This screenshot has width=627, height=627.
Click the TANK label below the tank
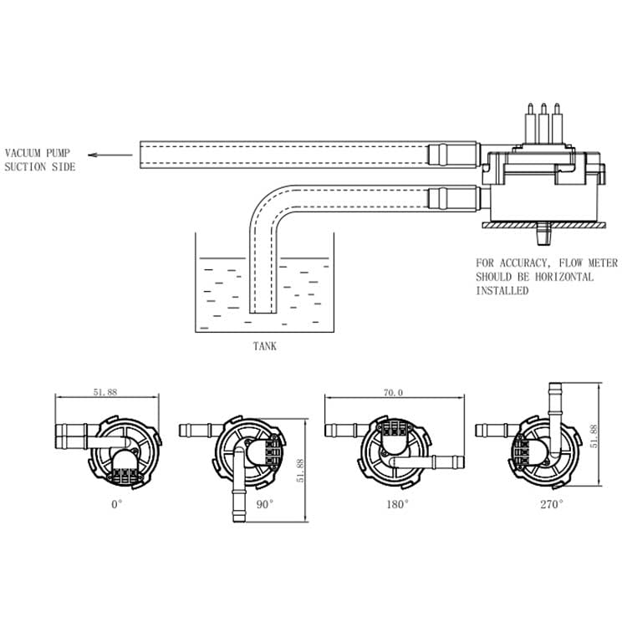[265, 346]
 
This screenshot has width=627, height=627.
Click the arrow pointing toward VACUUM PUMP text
[110, 155]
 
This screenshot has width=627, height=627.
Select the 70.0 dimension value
[393, 393]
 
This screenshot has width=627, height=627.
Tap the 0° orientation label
[116, 504]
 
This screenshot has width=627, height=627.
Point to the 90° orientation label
[265, 504]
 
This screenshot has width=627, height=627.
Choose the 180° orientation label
[397, 504]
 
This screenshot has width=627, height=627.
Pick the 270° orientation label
[552, 504]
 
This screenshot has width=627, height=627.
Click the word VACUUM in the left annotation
[23, 153]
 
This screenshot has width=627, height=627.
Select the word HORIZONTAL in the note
[564, 277]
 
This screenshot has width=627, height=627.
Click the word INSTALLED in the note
[502, 291]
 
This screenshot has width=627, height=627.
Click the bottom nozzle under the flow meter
[543, 233]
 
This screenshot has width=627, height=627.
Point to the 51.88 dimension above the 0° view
[105, 392]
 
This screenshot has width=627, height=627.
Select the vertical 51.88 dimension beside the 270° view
[594, 436]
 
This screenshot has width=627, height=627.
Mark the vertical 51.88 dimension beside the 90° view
[300, 471]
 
